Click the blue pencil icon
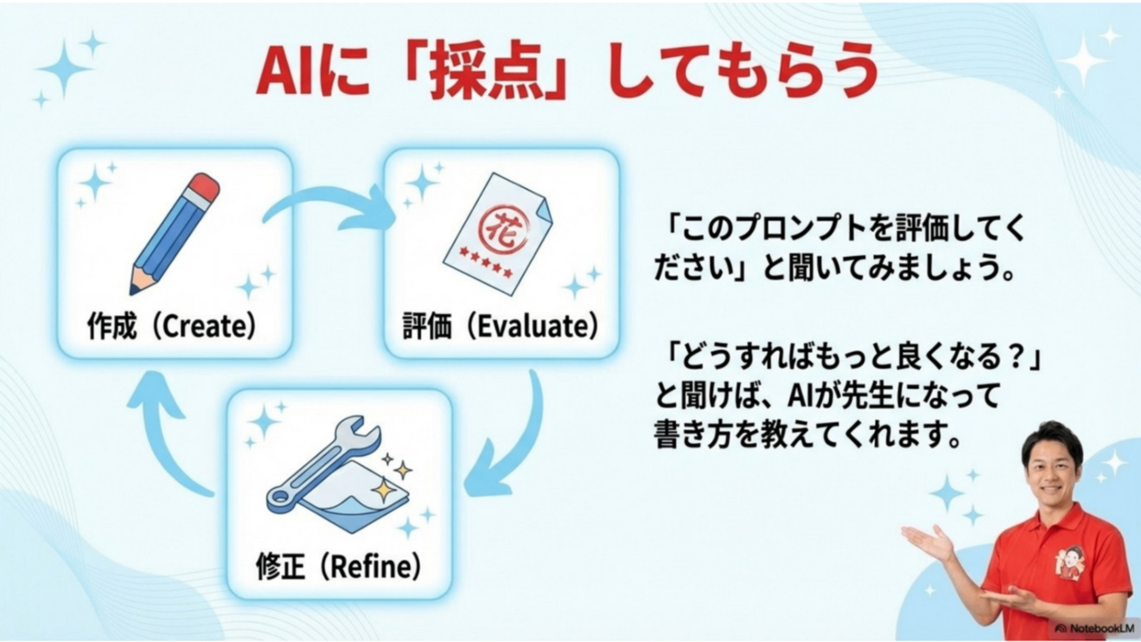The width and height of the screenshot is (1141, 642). coord(174,234)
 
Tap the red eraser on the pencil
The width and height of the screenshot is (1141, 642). coord(204,186)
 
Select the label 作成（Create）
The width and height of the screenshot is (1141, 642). coord(172,326)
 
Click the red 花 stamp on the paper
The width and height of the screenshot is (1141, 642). coord(494,219)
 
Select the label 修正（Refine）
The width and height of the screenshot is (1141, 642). coord(338,568)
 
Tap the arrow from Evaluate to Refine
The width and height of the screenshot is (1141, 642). coord(510,441)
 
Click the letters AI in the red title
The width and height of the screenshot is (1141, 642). coord(286,74)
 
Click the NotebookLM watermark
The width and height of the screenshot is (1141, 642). coord(1093,627)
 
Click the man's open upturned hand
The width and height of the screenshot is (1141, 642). coord(929,543)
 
